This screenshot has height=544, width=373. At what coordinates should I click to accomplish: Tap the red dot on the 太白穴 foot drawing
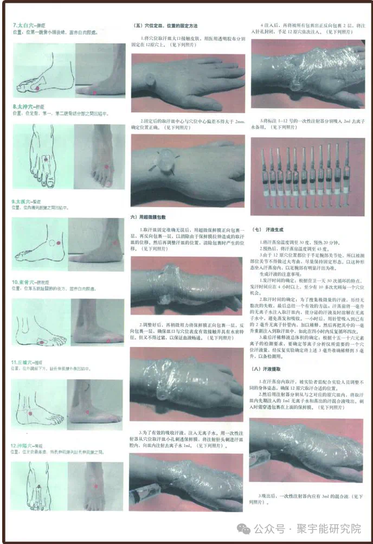coord(36,86)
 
